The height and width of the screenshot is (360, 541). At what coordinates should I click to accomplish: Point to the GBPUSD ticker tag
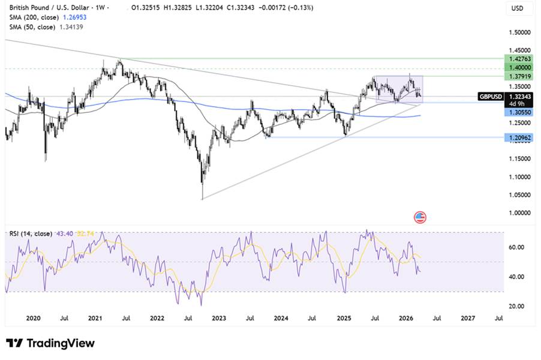coord(491,96)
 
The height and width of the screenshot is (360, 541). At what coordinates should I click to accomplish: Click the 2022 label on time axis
coord(157,319)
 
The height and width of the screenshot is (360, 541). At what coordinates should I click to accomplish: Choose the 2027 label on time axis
coord(468,319)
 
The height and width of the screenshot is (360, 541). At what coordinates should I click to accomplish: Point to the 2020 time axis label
coord(33,319)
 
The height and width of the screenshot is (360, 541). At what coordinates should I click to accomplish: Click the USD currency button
coord(516,8)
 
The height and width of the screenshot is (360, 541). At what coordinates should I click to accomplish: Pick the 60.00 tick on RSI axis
coord(517,247)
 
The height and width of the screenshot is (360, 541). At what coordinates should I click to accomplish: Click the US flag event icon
coord(420,217)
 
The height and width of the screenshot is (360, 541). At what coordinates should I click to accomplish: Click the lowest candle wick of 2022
coord(203,198)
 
